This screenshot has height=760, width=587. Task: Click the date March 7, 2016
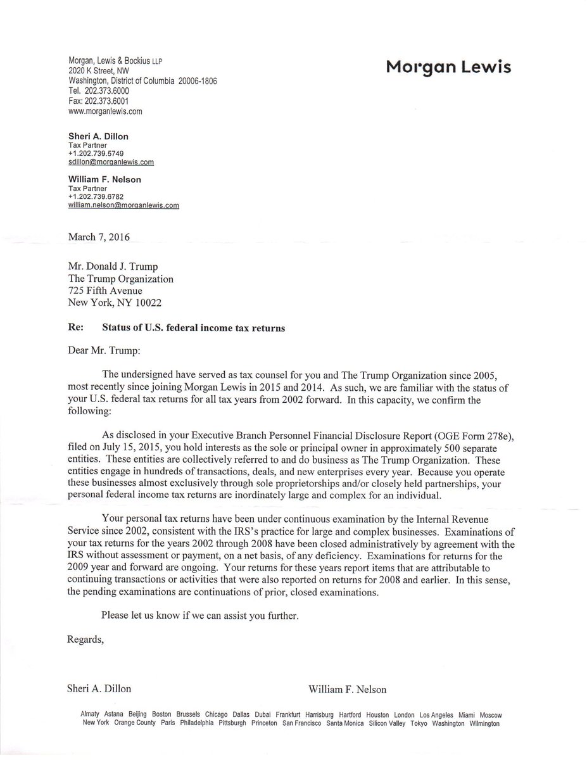(99, 237)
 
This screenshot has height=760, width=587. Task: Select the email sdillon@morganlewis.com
(111, 162)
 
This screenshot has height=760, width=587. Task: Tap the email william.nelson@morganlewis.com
(123, 205)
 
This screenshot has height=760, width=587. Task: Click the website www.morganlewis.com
(104, 111)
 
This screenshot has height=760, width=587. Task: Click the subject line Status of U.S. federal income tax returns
(194, 327)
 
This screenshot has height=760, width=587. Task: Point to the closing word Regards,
(85, 640)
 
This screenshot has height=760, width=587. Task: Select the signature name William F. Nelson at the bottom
(348, 689)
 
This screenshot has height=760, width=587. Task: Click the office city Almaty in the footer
(91, 714)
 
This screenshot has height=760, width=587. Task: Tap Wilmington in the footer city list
(484, 723)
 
